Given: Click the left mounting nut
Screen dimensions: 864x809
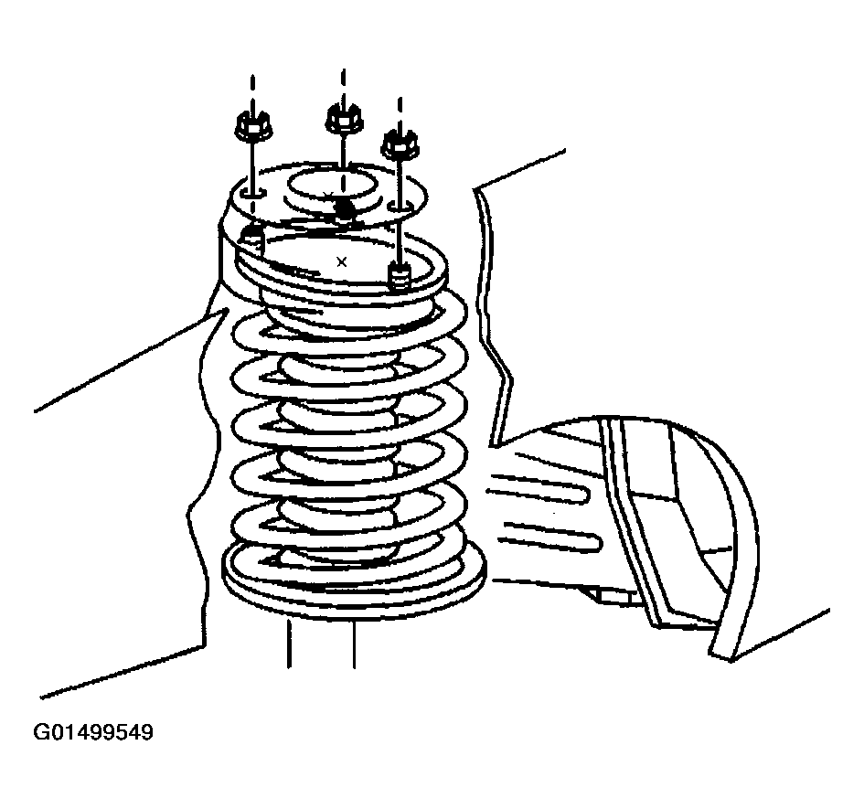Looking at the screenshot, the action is click(252, 127).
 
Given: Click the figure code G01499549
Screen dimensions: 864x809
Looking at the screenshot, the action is click(93, 732).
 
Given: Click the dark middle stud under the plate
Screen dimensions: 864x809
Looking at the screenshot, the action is click(345, 209).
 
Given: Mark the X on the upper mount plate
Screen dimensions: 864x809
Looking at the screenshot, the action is click(328, 196).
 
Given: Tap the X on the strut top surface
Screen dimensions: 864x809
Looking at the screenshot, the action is click(342, 261).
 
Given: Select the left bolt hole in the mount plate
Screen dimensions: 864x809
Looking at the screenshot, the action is click(253, 193).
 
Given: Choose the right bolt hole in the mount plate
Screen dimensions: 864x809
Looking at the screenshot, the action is click(400, 207).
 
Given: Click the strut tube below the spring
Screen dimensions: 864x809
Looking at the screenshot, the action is click(321, 642).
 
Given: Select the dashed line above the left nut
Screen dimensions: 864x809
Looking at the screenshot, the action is click(252, 92).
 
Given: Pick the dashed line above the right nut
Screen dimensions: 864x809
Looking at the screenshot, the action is click(400, 112).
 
